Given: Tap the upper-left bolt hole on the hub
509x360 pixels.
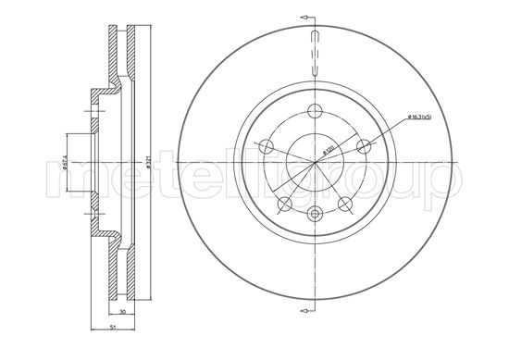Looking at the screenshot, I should [266, 145].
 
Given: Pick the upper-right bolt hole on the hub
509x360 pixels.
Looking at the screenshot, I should [365, 145].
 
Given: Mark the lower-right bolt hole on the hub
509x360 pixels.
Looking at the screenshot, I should [346, 203].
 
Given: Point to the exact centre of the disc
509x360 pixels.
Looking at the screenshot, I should [316, 162].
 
